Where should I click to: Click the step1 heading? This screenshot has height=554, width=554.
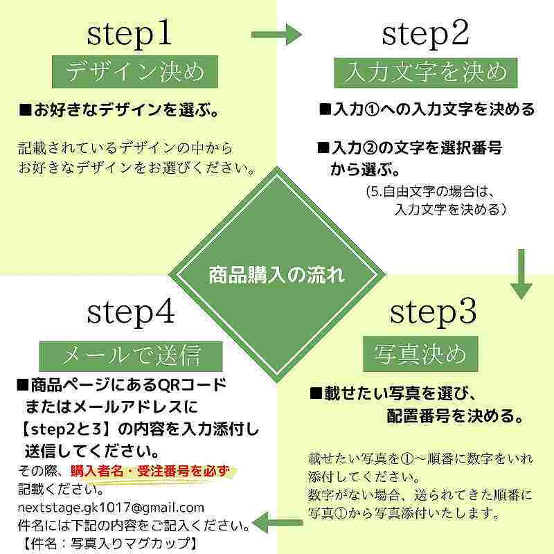click(x=129, y=34)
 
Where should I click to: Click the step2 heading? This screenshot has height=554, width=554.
click(x=425, y=33)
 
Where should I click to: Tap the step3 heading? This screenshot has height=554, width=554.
click(x=434, y=312)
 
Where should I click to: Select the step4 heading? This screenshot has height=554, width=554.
click(x=131, y=312)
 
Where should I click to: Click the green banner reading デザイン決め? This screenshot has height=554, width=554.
click(x=134, y=72)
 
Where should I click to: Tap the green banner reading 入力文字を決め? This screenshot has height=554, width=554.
click(x=426, y=73)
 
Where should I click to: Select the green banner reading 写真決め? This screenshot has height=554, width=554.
click(x=420, y=354)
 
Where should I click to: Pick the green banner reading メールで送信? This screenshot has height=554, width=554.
click(x=131, y=356)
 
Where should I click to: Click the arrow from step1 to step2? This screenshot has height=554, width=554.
click(x=277, y=35)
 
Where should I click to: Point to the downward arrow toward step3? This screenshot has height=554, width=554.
click(x=521, y=274)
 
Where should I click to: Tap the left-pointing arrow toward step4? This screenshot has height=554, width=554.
click(x=278, y=523)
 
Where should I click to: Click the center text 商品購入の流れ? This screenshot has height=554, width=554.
click(x=276, y=275)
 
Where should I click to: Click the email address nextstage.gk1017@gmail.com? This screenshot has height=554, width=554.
click(x=111, y=508)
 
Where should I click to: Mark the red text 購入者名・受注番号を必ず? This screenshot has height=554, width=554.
click(x=150, y=472)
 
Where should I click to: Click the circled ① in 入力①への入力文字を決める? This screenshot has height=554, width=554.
click(x=371, y=109)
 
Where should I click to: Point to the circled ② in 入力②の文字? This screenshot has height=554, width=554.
click(x=370, y=148)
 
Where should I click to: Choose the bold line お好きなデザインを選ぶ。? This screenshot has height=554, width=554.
click(x=119, y=110)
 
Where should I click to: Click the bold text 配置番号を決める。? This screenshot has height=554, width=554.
click(x=455, y=416)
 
